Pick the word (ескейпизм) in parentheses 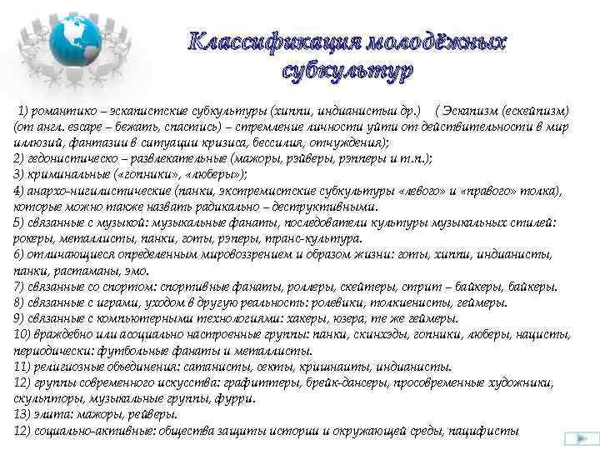point(542,111)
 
